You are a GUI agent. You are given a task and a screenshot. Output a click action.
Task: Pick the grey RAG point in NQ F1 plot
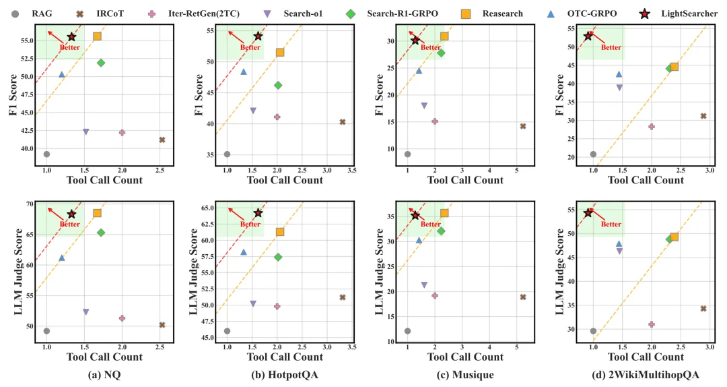(x=46, y=154)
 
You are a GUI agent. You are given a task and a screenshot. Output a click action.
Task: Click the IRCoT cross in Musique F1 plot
(x=523, y=126)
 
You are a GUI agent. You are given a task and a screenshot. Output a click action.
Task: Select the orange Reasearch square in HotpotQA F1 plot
(x=280, y=52)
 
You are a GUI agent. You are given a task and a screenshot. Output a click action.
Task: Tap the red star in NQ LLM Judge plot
(x=71, y=214)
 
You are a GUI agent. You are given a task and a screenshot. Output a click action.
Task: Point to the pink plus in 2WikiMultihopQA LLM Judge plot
(x=652, y=324)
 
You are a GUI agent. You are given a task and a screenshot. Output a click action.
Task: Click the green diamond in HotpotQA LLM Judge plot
(x=278, y=257)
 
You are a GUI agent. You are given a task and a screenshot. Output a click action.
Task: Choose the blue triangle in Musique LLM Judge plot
(x=419, y=240)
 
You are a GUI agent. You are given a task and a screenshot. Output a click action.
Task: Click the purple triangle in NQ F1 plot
(x=85, y=131)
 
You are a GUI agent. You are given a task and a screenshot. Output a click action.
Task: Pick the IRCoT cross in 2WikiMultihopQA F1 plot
(x=703, y=116)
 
